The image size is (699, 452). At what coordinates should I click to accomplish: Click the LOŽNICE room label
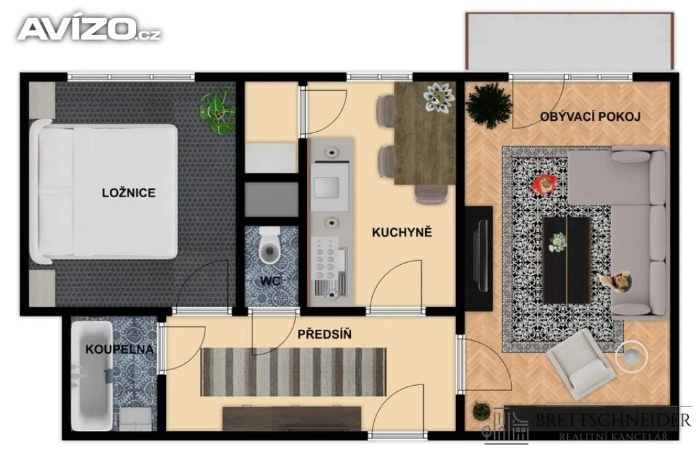click(128, 193)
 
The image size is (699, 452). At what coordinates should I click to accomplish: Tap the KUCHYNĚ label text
click(401, 232)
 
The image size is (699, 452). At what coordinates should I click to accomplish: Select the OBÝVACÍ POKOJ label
click(590, 117)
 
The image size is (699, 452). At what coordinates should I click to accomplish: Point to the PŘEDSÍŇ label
click(324, 334)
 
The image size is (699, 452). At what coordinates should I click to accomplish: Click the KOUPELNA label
click(119, 349)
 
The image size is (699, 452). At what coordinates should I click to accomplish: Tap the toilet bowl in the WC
click(270, 248)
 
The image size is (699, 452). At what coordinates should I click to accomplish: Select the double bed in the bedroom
click(104, 192)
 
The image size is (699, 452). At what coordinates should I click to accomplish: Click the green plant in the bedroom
click(217, 111)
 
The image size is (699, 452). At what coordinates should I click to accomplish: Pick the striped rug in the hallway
click(294, 371)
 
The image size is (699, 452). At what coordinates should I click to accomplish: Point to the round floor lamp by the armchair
click(631, 356)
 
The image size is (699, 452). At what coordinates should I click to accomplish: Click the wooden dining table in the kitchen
click(425, 133)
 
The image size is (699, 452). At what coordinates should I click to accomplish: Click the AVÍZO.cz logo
click(89, 29)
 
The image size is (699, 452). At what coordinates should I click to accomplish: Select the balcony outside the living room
click(569, 41)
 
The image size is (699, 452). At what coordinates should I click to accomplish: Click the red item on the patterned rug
click(544, 183)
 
